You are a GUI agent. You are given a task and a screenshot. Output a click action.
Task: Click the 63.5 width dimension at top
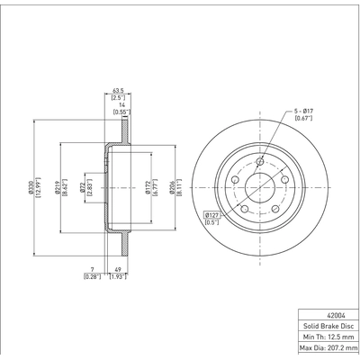[x=118, y=90]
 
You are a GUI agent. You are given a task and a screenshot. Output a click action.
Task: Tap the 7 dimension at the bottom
[x=93, y=268]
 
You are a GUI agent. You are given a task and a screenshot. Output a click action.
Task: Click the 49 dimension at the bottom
[x=118, y=268]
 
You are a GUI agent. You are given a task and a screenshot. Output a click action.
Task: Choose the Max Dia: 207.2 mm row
[x=328, y=347]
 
